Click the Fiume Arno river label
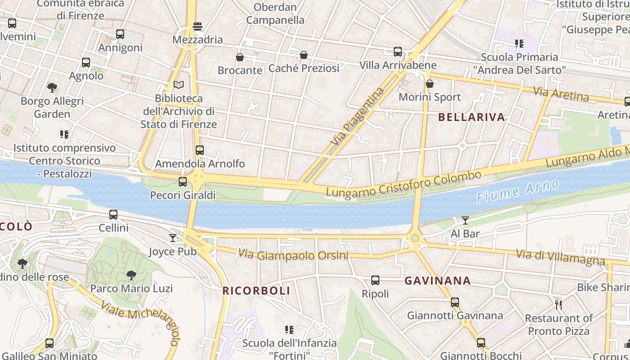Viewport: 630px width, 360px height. (517, 191)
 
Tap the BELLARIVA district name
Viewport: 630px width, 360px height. (472, 117)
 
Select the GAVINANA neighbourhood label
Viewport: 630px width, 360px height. (437, 281)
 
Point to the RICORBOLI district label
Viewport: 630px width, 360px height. (256, 291)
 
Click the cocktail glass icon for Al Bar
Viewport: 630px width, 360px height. (465, 220)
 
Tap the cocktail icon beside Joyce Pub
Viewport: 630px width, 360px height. (173, 238)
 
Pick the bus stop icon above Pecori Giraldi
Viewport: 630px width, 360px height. (183, 182)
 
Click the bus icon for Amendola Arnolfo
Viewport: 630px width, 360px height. (200, 150)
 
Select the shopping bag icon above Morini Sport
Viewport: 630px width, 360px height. (430, 84)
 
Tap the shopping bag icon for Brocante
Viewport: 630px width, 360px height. (240, 57)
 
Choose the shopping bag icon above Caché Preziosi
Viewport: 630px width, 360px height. (304, 55)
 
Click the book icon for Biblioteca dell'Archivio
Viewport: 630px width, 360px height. (179, 85)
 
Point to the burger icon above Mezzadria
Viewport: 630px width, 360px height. (198, 26)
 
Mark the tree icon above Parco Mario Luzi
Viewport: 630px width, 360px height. (131, 275)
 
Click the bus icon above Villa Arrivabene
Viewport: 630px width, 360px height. (398, 52)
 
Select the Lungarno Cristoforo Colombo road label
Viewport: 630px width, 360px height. (404, 184)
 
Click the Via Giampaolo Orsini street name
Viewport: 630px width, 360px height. (293, 255)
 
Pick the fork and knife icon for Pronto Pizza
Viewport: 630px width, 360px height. (558, 305)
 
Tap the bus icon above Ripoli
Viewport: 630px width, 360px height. (375, 280)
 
